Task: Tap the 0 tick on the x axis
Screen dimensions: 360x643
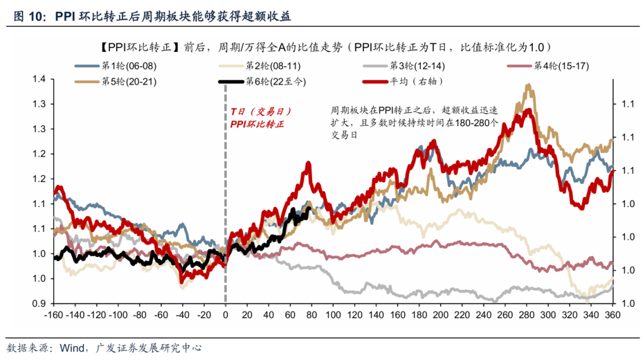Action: point(226,315)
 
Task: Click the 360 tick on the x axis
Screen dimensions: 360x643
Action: point(612,315)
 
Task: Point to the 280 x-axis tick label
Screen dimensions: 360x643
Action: point(526,315)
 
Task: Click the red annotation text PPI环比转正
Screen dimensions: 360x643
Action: point(257,124)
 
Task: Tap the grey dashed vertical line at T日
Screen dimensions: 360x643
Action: point(226,179)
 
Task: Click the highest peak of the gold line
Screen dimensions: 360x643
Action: point(528,86)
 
